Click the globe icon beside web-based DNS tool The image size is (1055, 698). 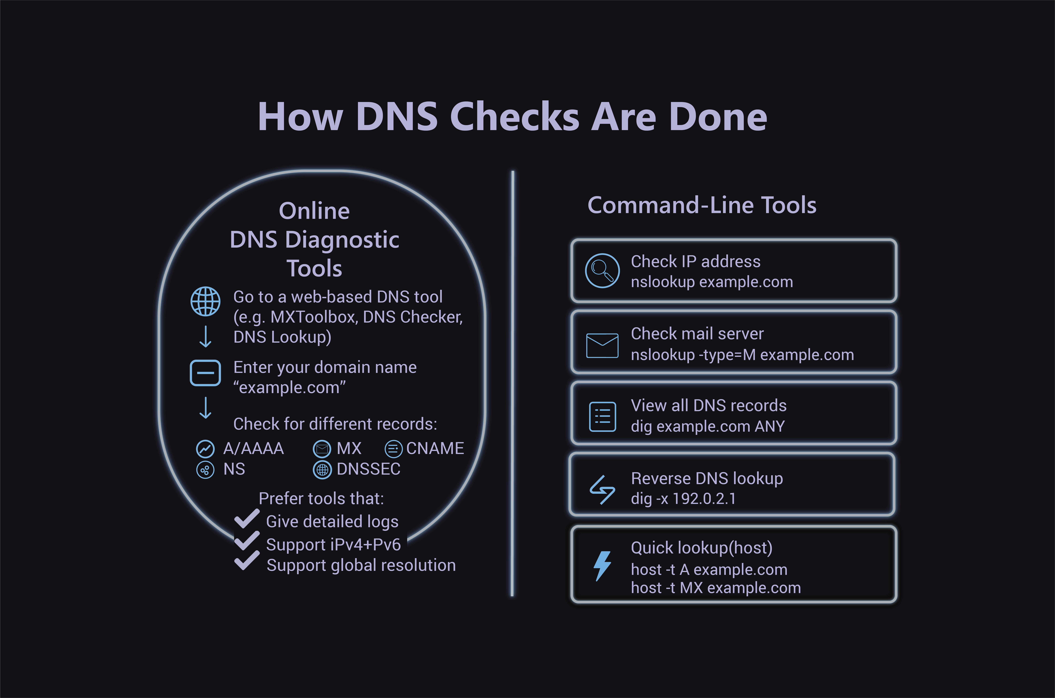tap(205, 301)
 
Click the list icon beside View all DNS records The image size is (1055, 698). tap(602, 417)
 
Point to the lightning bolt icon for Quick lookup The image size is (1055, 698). tap(602, 566)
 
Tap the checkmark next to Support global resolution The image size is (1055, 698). tap(247, 561)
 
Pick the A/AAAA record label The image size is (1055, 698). tap(253, 448)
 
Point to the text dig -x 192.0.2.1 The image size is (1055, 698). tap(683, 499)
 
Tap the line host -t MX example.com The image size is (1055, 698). tap(716, 588)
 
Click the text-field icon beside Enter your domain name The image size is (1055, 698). tap(205, 373)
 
